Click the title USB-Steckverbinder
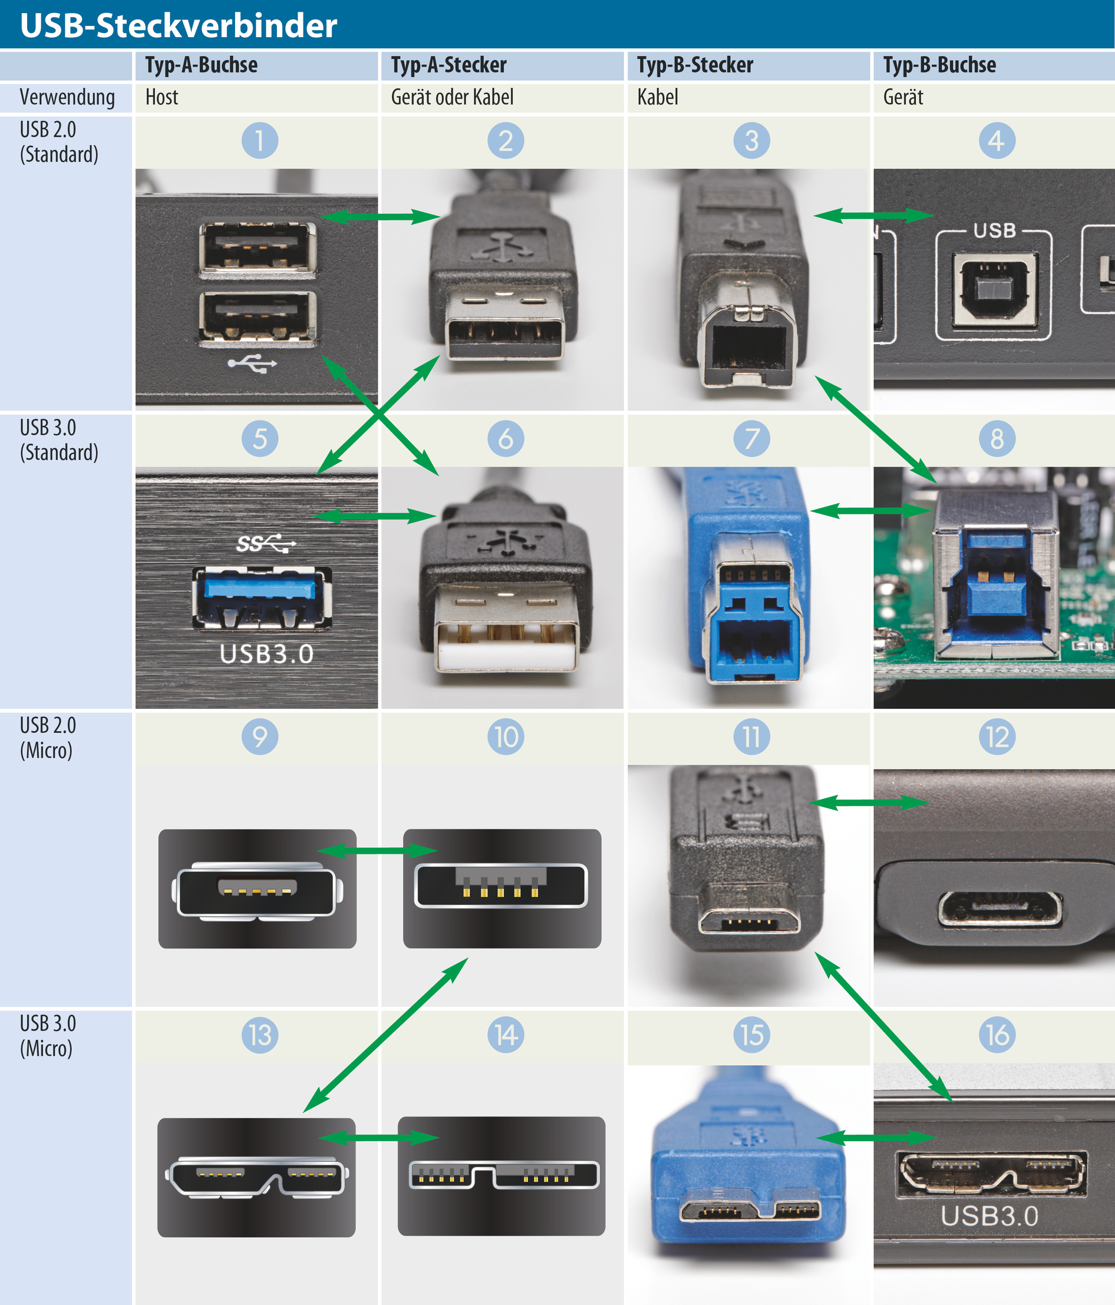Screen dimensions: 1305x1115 click(x=179, y=25)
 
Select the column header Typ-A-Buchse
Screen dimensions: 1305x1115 click(x=201, y=65)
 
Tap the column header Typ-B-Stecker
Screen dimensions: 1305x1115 click(x=694, y=65)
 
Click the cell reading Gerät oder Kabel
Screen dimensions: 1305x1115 click(x=451, y=97)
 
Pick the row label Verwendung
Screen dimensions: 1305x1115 click(x=67, y=97)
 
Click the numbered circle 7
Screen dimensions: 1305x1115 click(x=751, y=438)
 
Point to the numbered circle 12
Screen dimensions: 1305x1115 click(x=997, y=736)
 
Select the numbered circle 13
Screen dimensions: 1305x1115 click(x=259, y=1034)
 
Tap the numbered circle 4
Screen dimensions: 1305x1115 click(x=997, y=140)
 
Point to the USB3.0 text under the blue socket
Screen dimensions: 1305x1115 click(x=266, y=654)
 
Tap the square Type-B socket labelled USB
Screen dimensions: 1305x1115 click(x=994, y=290)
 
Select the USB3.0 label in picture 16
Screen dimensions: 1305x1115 click(x=989, y=1215)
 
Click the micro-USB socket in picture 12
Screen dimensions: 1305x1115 click(x=999, y=909)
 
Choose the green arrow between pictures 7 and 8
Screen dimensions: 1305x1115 click(x=870, y=510)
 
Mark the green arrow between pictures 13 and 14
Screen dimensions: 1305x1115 click(x=378, y=1138)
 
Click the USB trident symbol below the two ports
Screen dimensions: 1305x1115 click(x=252, y=364)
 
